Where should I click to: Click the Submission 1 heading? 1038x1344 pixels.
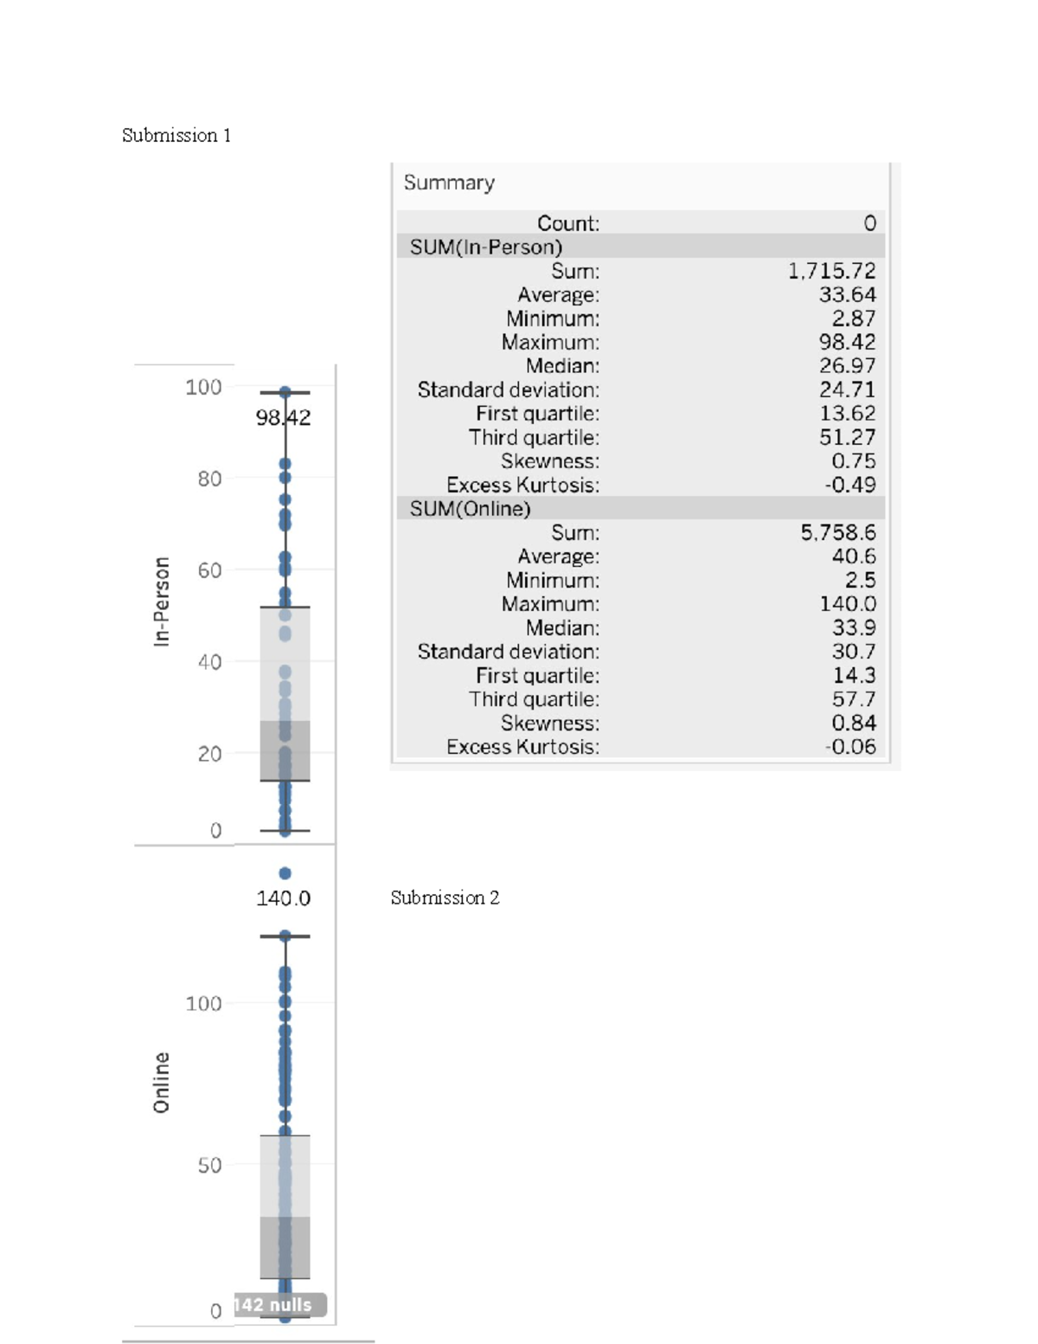point(176,135)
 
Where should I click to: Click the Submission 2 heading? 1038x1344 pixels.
point(445,897)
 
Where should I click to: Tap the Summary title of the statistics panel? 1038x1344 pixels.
point(449,183)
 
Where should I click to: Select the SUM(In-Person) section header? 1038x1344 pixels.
point(485,247)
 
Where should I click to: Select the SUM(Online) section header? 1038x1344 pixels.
point(470,508)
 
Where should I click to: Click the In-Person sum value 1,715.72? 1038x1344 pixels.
point(831,271)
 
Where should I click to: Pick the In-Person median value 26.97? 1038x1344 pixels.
point(847,366)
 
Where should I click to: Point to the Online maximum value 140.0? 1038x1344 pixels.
point(847,604)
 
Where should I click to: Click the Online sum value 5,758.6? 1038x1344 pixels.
point(837,532)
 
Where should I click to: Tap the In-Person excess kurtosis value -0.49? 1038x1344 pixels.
point(849,485)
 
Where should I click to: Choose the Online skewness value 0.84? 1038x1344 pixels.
point(853,723)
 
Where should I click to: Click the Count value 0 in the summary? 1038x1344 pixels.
point(869,223)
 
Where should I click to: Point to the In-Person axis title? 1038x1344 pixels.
point(162,601)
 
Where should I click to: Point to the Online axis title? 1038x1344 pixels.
point(162,1083)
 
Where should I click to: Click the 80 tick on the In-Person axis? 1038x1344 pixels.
point(209,479)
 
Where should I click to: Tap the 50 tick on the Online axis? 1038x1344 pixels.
point(209,1165)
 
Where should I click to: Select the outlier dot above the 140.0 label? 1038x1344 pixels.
point(285,873)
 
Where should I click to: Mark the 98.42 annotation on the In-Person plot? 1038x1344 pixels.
point(283,418)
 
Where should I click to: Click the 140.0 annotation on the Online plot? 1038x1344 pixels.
point(283,898)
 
